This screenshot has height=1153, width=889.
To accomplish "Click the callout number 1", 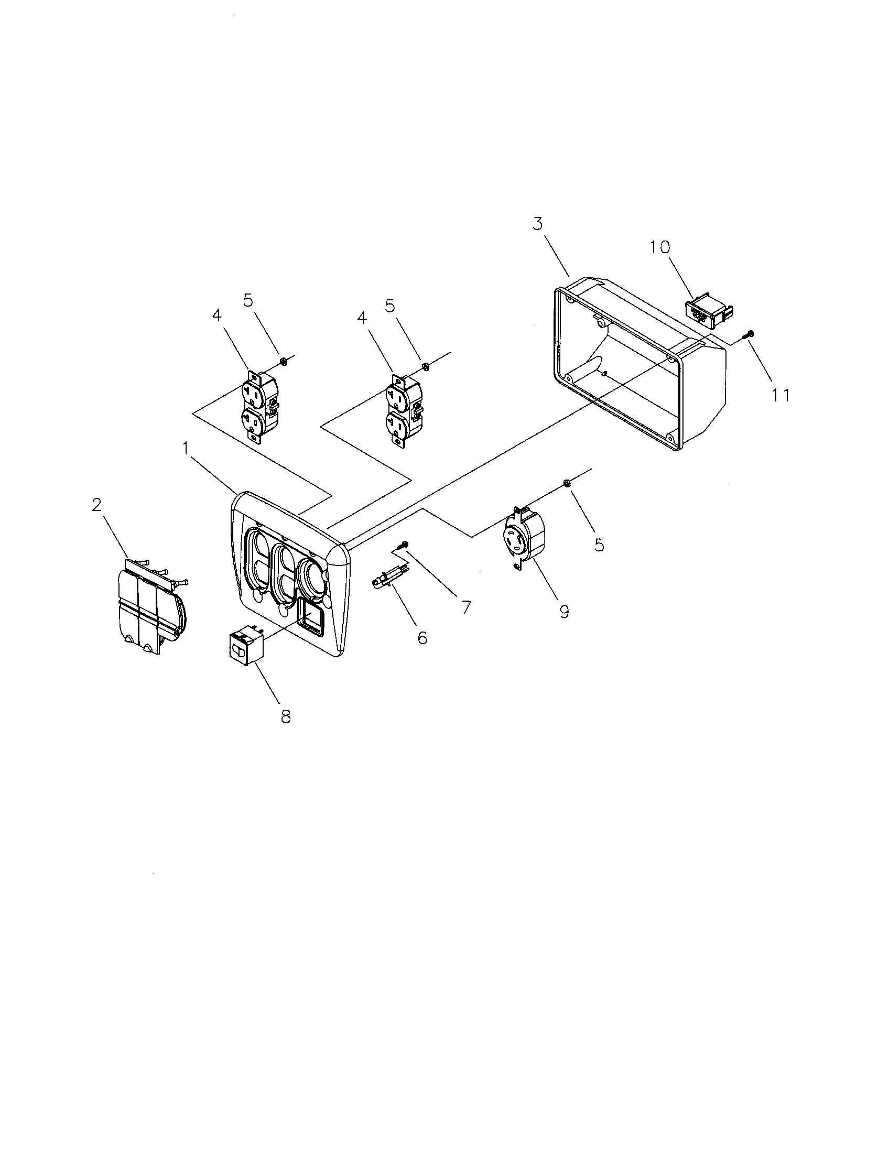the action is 186,449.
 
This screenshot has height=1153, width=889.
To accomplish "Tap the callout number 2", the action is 96,505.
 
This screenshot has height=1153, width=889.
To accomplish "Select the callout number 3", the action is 537,224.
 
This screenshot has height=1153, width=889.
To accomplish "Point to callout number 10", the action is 659,246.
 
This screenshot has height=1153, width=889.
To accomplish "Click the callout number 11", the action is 782,395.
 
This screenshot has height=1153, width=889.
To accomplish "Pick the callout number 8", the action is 286,716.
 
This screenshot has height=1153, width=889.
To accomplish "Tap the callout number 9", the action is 565,612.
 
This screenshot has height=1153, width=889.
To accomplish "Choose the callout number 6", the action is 422,638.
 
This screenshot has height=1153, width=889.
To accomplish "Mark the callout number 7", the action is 465,607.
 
